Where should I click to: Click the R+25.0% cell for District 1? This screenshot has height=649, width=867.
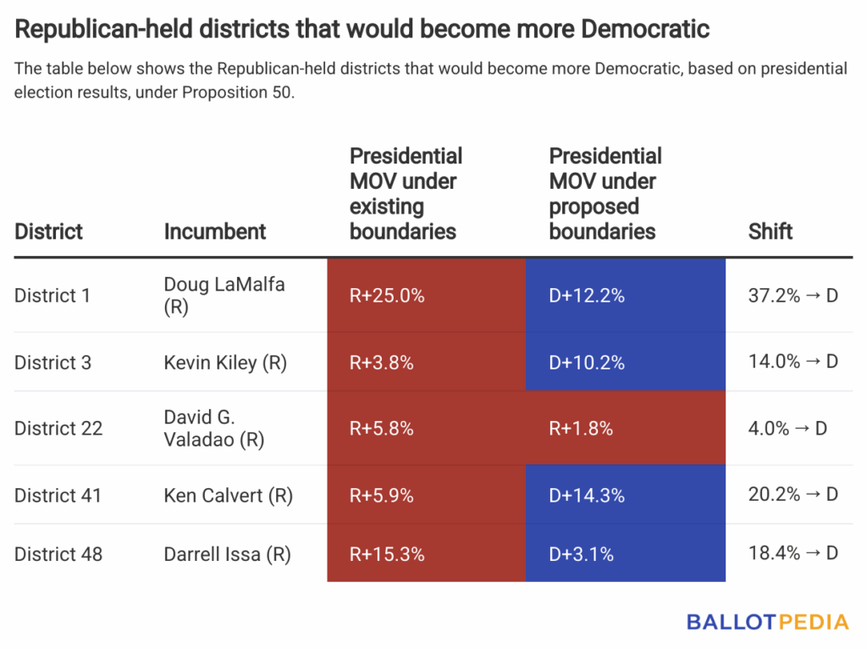coord(387,296)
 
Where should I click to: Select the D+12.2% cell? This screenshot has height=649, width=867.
coord(587,296)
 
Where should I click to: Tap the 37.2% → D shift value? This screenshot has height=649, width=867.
coord(793,296)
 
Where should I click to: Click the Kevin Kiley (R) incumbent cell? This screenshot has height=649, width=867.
coord(225,363)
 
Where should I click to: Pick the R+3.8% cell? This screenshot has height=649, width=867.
coord(382,363)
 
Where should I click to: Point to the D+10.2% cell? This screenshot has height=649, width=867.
coord(587,363)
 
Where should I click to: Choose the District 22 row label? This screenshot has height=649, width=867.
coord(58,429)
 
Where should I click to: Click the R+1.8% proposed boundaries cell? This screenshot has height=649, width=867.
coord(581,429)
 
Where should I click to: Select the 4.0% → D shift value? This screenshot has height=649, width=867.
coord(787,429)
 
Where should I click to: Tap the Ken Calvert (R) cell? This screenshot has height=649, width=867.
coord(228,496)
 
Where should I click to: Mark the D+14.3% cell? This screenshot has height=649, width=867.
coord(587,496)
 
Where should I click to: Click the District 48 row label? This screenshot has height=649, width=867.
coord(58,554)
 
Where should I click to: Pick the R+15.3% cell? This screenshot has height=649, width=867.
coord(387,554)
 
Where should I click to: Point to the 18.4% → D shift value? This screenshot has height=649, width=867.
coord(793,554)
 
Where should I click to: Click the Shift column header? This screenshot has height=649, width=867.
coord(770,231)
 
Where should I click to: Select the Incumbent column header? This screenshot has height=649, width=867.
coord(215,231)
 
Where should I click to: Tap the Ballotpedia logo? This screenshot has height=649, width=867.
coord(767,623)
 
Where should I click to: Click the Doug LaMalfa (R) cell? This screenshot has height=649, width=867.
coord(224,296)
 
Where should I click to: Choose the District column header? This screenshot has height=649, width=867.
coord(48,231)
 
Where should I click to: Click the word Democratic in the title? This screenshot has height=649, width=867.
coord(643,30)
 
